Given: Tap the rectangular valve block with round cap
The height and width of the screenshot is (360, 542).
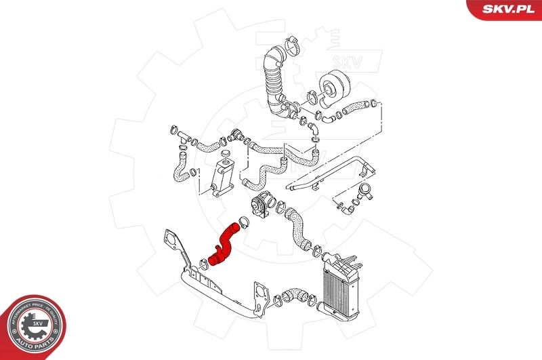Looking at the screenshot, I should point(220,177).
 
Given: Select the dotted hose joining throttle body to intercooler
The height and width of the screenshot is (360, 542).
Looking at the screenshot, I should point(297,231).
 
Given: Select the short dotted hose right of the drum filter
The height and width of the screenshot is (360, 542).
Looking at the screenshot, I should point(352,106).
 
